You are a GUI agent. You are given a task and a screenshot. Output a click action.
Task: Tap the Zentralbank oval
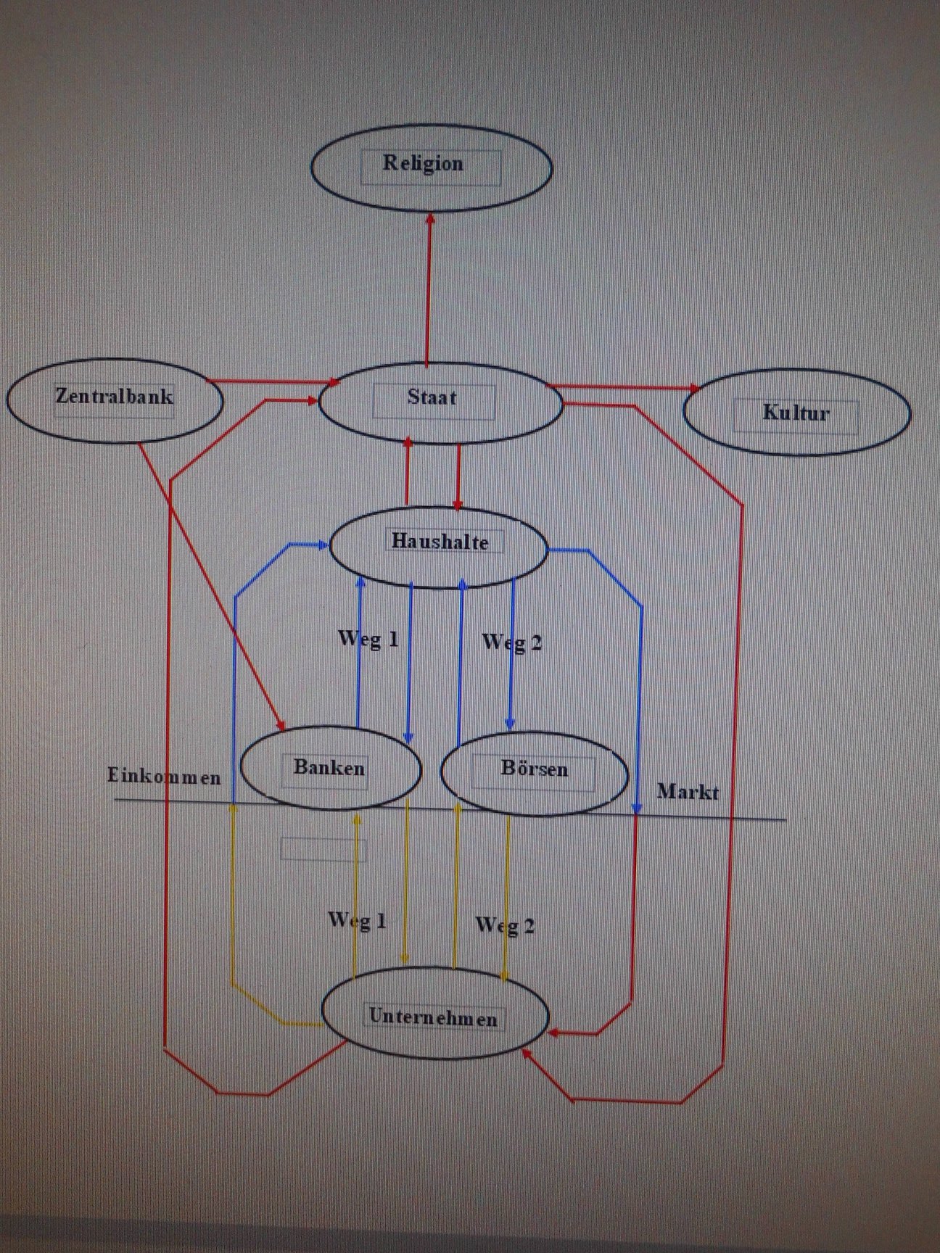(x=115, y=400)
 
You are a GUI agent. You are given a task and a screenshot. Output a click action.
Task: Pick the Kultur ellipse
(x=796, y=413)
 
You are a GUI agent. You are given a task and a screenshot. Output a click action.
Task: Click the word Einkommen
(x=164, y=777)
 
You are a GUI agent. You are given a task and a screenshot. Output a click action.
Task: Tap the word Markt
(x=688, y=791)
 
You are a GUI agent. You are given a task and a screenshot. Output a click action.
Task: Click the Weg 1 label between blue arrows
(x=368, y=638)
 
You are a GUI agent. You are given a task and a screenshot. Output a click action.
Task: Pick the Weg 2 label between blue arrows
(x=512, y=642)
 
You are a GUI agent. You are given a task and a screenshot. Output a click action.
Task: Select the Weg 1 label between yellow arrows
(x=358, y=920)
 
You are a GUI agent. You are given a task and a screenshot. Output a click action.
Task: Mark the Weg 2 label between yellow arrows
(x=505, y=925)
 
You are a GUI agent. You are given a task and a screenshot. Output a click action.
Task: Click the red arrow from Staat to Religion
(x=428, y=290)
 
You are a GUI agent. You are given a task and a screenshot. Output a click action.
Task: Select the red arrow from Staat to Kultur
(x=624, y=387)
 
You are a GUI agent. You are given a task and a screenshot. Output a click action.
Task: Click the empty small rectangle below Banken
(x=323, y=849)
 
